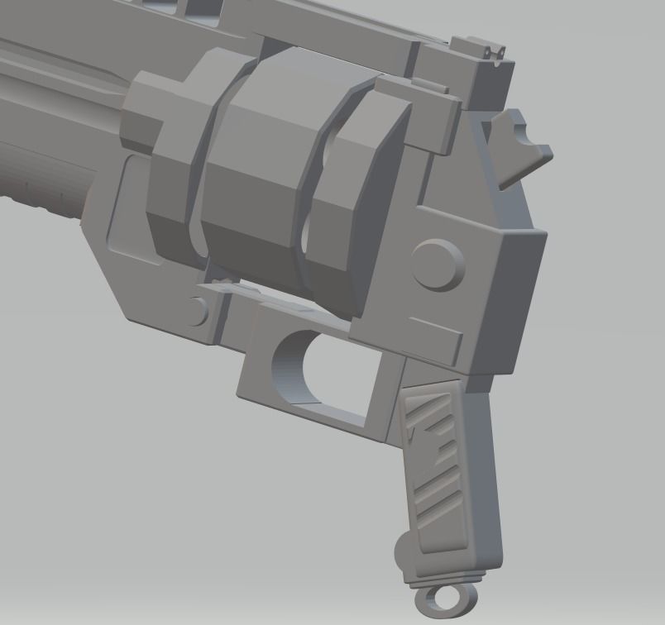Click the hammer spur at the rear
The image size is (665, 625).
(519, 147)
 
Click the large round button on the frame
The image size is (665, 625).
(437, 264)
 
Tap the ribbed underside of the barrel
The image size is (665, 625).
(41, 198)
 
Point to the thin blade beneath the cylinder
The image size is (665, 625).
(248, 291)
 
